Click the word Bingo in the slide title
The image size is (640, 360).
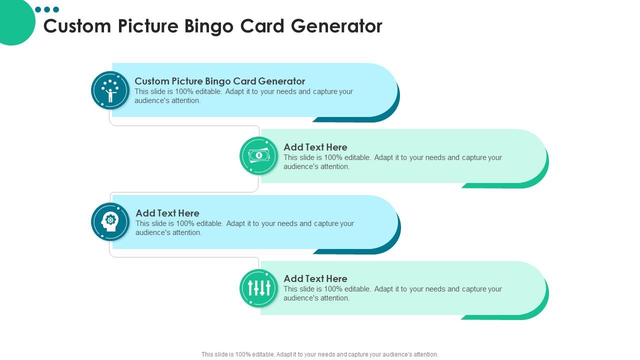click(209, 26)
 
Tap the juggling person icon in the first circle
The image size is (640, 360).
click(110, 90)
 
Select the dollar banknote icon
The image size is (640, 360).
click(258, 155)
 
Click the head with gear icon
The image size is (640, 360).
click(110, 221)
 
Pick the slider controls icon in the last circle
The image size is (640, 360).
click(258, 288)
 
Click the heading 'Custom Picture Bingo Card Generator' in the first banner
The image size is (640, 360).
click(219, 81)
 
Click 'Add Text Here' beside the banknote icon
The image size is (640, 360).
click(315, 147)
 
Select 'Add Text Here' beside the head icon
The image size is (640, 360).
click(167, 213)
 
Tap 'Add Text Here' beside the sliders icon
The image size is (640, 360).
click(315, 278)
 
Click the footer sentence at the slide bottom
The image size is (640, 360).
click(319, 354)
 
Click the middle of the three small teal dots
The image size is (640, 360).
click(47, 9)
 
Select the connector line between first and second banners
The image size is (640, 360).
click(185, 125)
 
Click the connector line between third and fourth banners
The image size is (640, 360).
click(185, 257)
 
